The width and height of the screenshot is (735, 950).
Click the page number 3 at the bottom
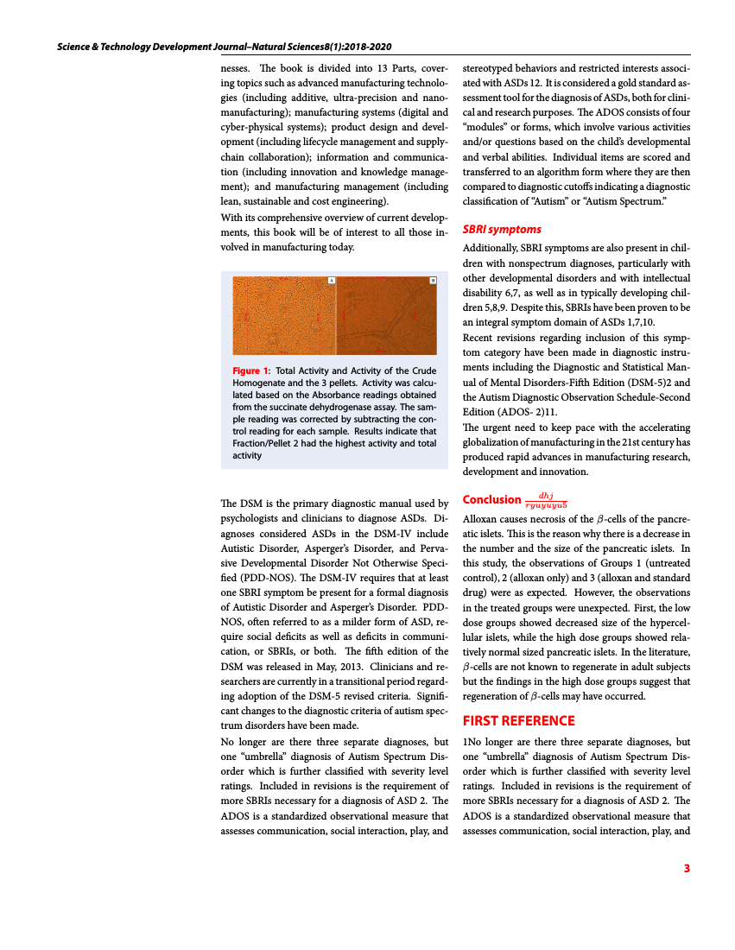(687, 868)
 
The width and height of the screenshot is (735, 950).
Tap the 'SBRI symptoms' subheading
(502, 229)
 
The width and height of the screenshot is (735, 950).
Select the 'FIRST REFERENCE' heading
(518, 720)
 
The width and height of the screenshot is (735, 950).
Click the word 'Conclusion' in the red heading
(491, 499)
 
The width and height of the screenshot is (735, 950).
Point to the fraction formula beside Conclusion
(546, 499)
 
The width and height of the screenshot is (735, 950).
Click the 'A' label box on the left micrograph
(331, 281)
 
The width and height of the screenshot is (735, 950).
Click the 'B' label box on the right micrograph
(433, 281)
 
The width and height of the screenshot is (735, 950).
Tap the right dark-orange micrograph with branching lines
(387, 318)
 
